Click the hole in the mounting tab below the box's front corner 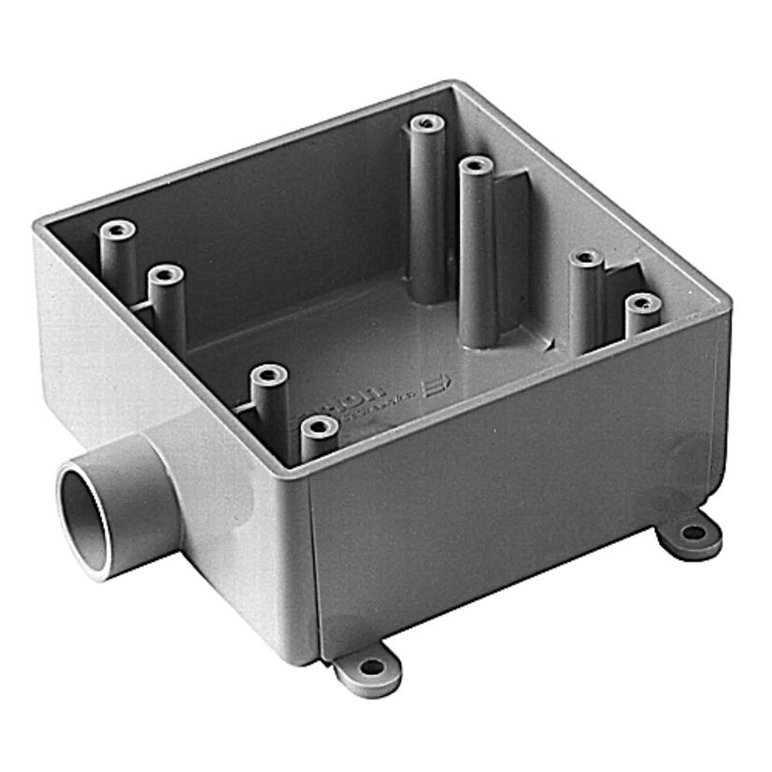(x=371, y=667)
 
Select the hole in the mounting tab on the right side (x=693, y=533)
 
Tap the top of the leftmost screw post (x=116, y=229)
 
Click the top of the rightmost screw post (x=641, y=303)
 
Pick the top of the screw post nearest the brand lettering (x=320, y=427)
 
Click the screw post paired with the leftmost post (x=166, y=274)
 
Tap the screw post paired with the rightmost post (x=586, y=256)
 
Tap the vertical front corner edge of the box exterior (x=311, y=561)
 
